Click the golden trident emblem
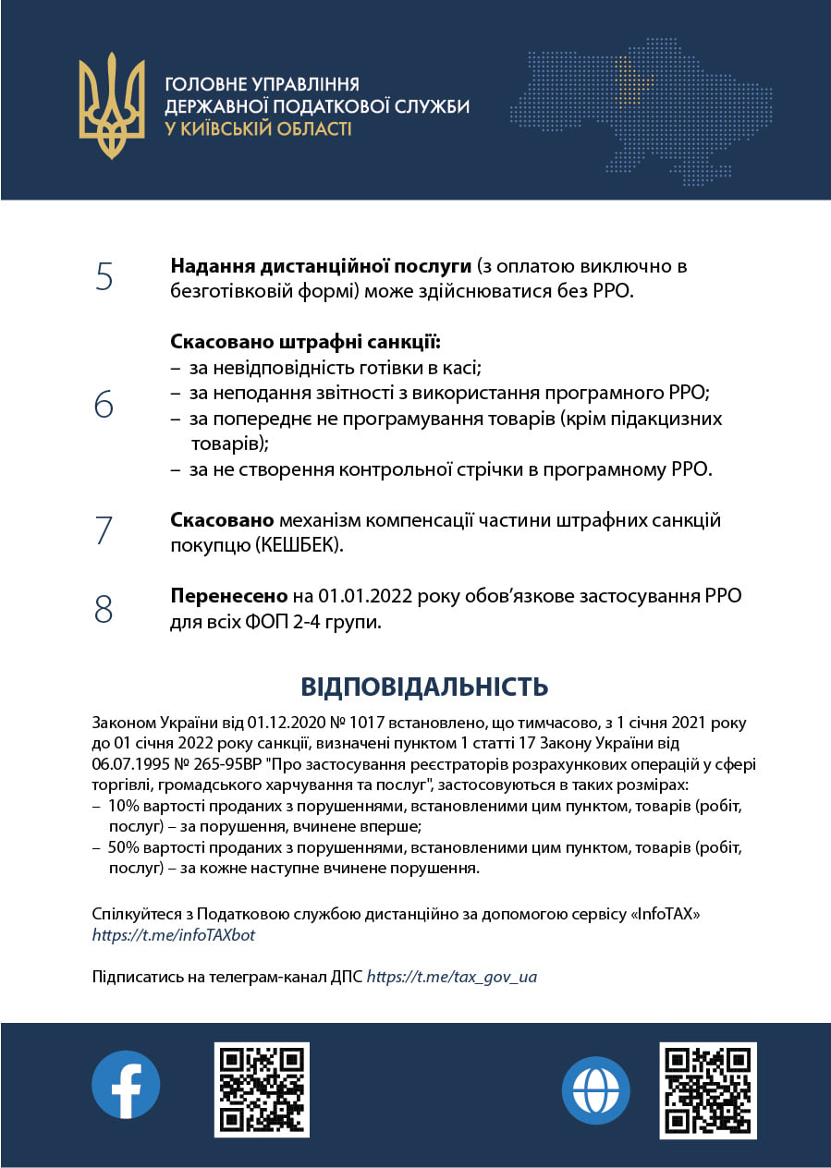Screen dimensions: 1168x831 pyautogui.click(x=112, y=105)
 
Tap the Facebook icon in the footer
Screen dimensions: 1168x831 pyautogui.click(x=126, y=1084)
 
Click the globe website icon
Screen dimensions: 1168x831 pyautogui.click(x=596, y=1090)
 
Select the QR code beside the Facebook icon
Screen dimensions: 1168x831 pyautogui.click(x=262, y=1089)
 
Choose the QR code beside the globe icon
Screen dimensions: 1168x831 pyautogui.click(x=708, y=1089)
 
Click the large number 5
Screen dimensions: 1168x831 pyautogui.click(x=104, y=277)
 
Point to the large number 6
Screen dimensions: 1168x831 pyautogui.click(x=104, y=405)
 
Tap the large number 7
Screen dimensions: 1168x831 pyautogui.click(x=104, y=531)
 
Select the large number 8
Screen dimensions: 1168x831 pyautogui.click(x=104, y=609)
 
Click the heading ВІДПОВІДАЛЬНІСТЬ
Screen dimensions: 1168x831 pyautogui.click(x=424, y=687)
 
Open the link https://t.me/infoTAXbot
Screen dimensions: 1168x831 pyautogui.click(x=174, y=935)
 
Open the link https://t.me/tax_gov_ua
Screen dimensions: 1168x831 pyautogui.click(x=452, y=976)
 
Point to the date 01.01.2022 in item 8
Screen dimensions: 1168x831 pyautogui.click(x=366, y=597)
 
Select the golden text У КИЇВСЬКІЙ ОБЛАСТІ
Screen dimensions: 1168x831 pyautogui.click(x=258, y=129)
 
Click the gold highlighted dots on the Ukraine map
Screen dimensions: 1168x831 pyautogui.click(x=631, y=79)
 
